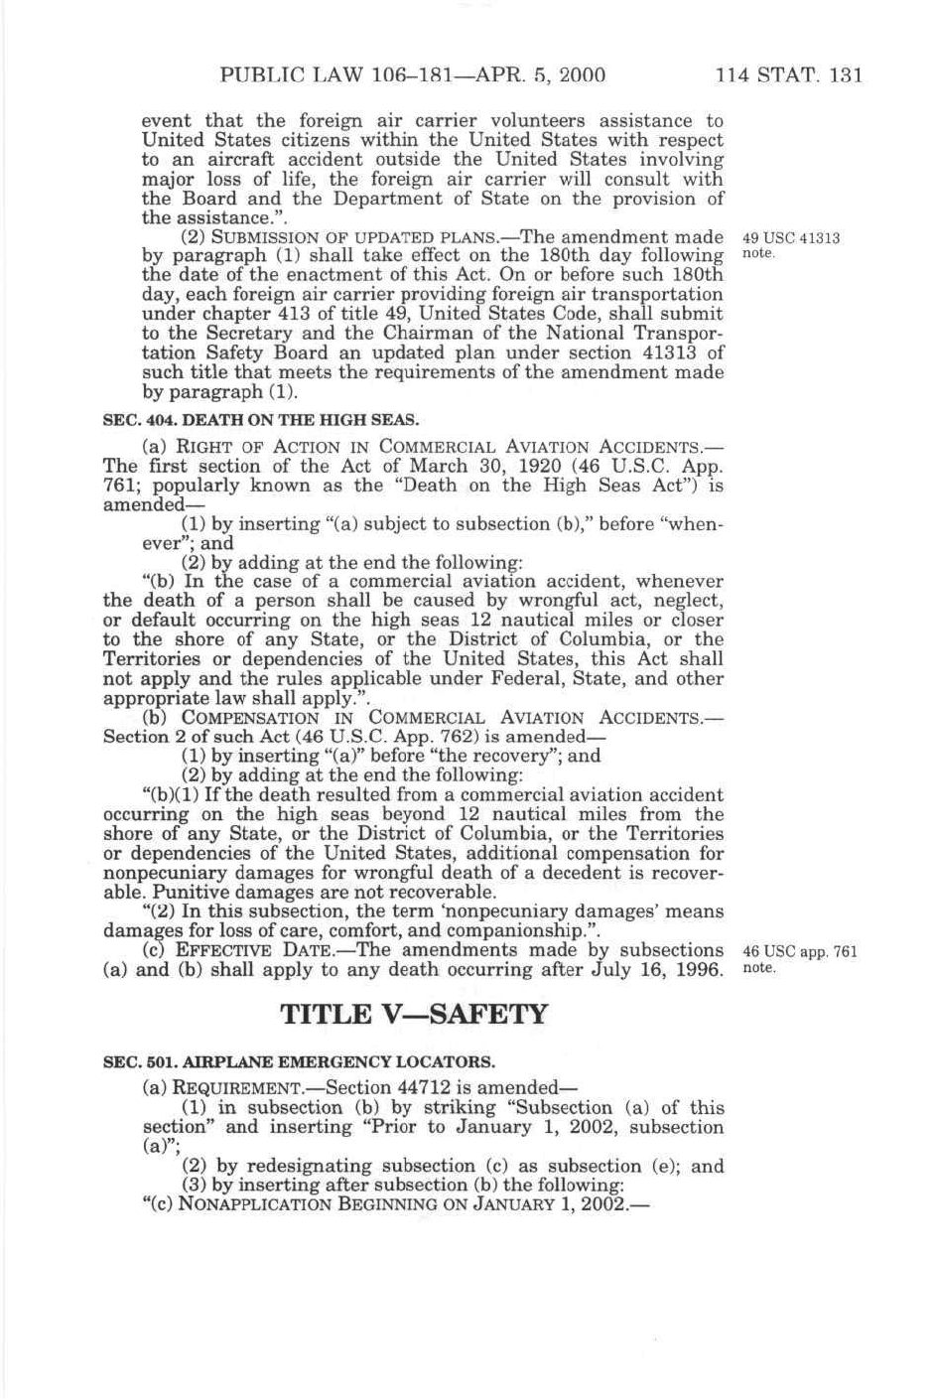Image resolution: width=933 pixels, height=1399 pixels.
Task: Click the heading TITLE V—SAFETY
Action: (x=414, y=1014)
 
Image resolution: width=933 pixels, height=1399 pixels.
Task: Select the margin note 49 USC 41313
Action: (x=791, y=238)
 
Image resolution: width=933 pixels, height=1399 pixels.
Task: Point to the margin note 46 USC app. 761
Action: (x=799, y=951)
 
